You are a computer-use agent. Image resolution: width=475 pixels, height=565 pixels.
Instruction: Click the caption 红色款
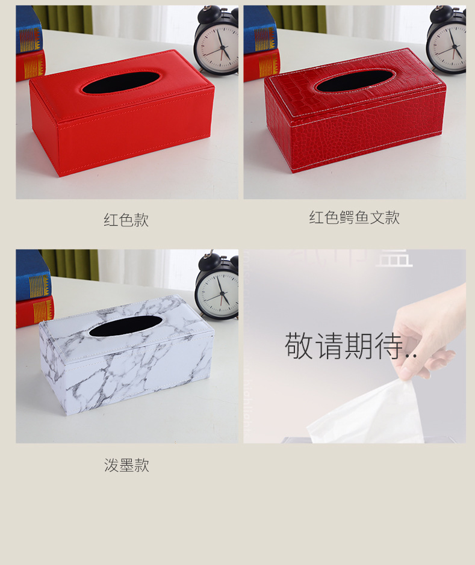pos(126,220)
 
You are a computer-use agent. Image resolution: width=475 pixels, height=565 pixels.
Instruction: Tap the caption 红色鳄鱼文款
pos(354,218)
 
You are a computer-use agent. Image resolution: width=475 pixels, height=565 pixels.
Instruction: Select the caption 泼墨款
pos(126,465)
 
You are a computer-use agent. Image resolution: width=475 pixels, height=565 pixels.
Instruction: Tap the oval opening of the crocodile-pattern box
pos(355,81)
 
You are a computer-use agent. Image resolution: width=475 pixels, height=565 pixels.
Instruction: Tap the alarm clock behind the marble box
pos(217,286)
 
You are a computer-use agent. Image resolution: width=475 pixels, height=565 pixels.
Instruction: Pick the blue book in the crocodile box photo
pos(259,29)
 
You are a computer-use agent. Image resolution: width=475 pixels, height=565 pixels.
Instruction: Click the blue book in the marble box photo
pos(32,276)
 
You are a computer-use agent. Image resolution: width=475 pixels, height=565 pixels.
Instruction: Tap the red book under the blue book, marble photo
pos(35,310)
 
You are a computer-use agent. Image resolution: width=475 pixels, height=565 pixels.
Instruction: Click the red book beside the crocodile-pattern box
pos(261,64)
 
